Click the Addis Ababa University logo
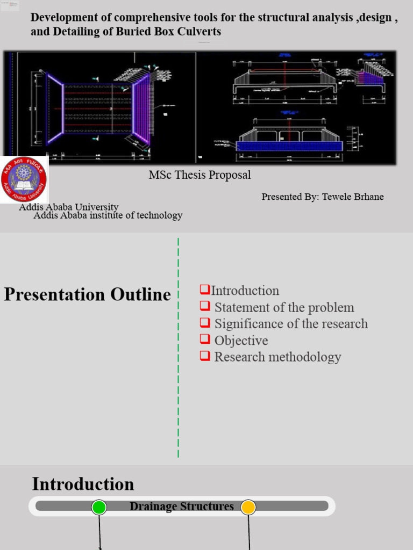click(24, 179)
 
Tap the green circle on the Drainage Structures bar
click(99, 507)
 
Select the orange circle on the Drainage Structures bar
click(248, 507)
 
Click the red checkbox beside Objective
click(204, 339)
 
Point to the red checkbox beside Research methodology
click(204, 356)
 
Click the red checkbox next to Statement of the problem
click(204, 306)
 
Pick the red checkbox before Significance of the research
click(204, 323)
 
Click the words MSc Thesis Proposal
click(200, 175)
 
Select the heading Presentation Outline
click(87, 294)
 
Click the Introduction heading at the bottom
click(83, 484)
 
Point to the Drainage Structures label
click(182, 506)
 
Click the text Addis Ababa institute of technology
click(108, 215)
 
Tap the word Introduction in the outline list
click(245, 291)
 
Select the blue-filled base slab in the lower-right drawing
click(289, 146)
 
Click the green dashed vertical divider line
click(178, 349)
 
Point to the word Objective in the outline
click(241, 341)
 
